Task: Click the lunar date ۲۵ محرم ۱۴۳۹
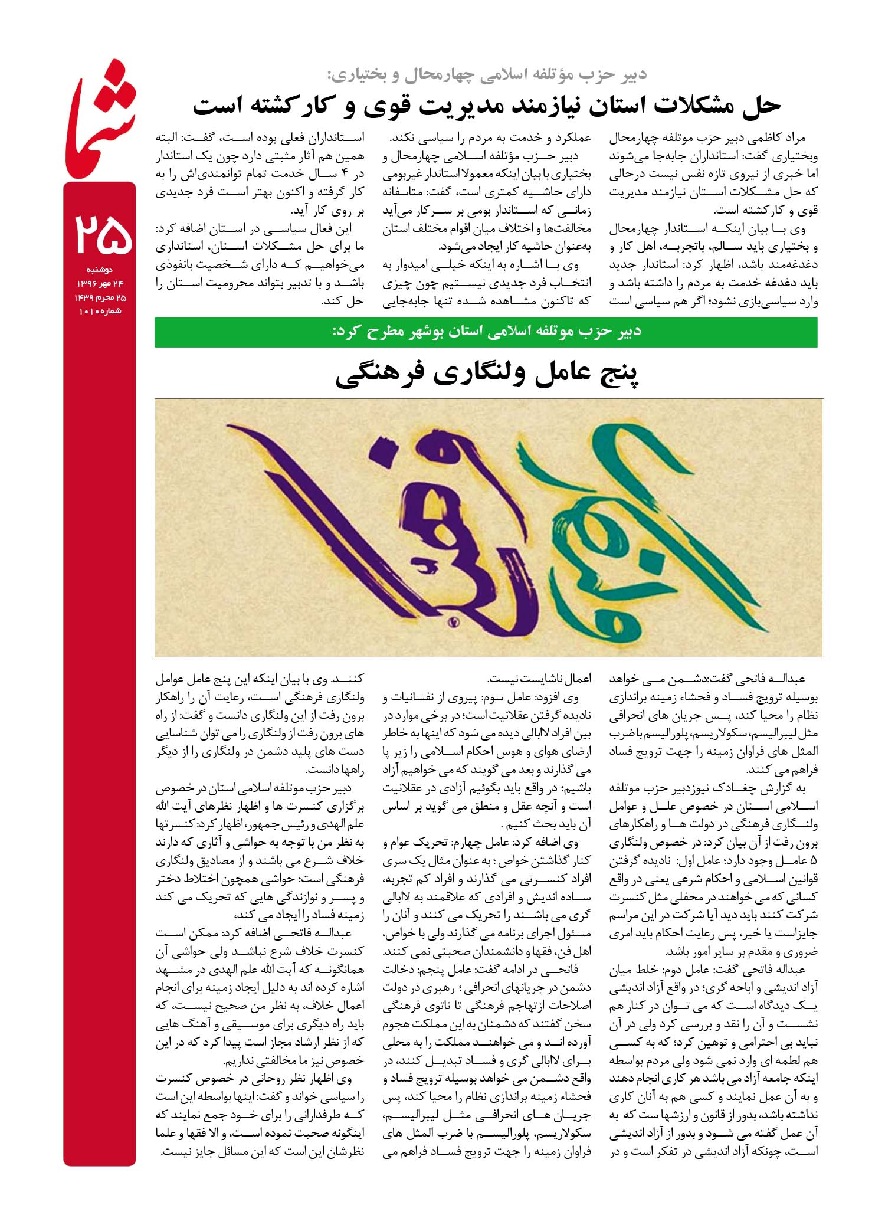tap(100, 298)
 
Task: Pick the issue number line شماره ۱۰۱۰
tap(100, 311)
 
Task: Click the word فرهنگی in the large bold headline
tap(381, 376)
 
